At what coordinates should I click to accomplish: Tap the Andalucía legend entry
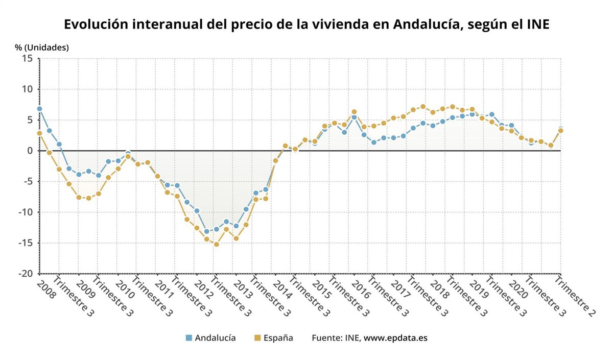coord(215,338)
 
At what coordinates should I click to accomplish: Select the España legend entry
coord(278,338)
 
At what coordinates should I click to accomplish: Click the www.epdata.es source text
coord(395,338)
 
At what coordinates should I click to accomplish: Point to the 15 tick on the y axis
coord(28,59)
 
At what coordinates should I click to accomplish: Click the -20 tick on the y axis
coord(26,274)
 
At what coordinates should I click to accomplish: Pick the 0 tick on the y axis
coord(30,151)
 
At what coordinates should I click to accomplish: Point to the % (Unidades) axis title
coord(41,47)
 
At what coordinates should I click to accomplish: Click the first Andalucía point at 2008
coord(39,109)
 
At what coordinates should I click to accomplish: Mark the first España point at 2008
coord(39,133)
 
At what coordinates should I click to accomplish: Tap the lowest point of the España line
coord(217,244)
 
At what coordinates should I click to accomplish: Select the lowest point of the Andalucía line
coord(206,231)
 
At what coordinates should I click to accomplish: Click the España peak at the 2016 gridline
coord(354,112)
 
